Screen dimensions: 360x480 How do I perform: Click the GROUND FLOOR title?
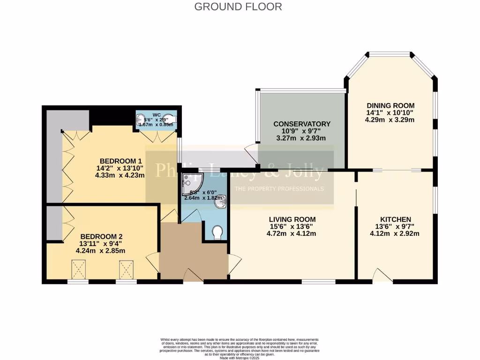[238, 7]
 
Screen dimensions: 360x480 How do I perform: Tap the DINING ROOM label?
[390, 105]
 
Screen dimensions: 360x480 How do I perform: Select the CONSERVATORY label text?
[302, 124]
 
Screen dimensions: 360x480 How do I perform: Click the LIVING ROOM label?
[292, 219]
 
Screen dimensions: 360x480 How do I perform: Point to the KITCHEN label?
[395, 219]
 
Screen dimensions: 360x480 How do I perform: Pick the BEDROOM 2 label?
[101, 236]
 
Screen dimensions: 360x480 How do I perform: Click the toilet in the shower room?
[217, 233]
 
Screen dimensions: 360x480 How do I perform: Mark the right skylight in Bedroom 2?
[126, 270]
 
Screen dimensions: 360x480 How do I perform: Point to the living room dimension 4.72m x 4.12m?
[292, 233]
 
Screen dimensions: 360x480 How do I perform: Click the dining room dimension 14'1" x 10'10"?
[390, 112]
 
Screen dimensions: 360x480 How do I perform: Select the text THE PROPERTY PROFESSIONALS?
[279, 189]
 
